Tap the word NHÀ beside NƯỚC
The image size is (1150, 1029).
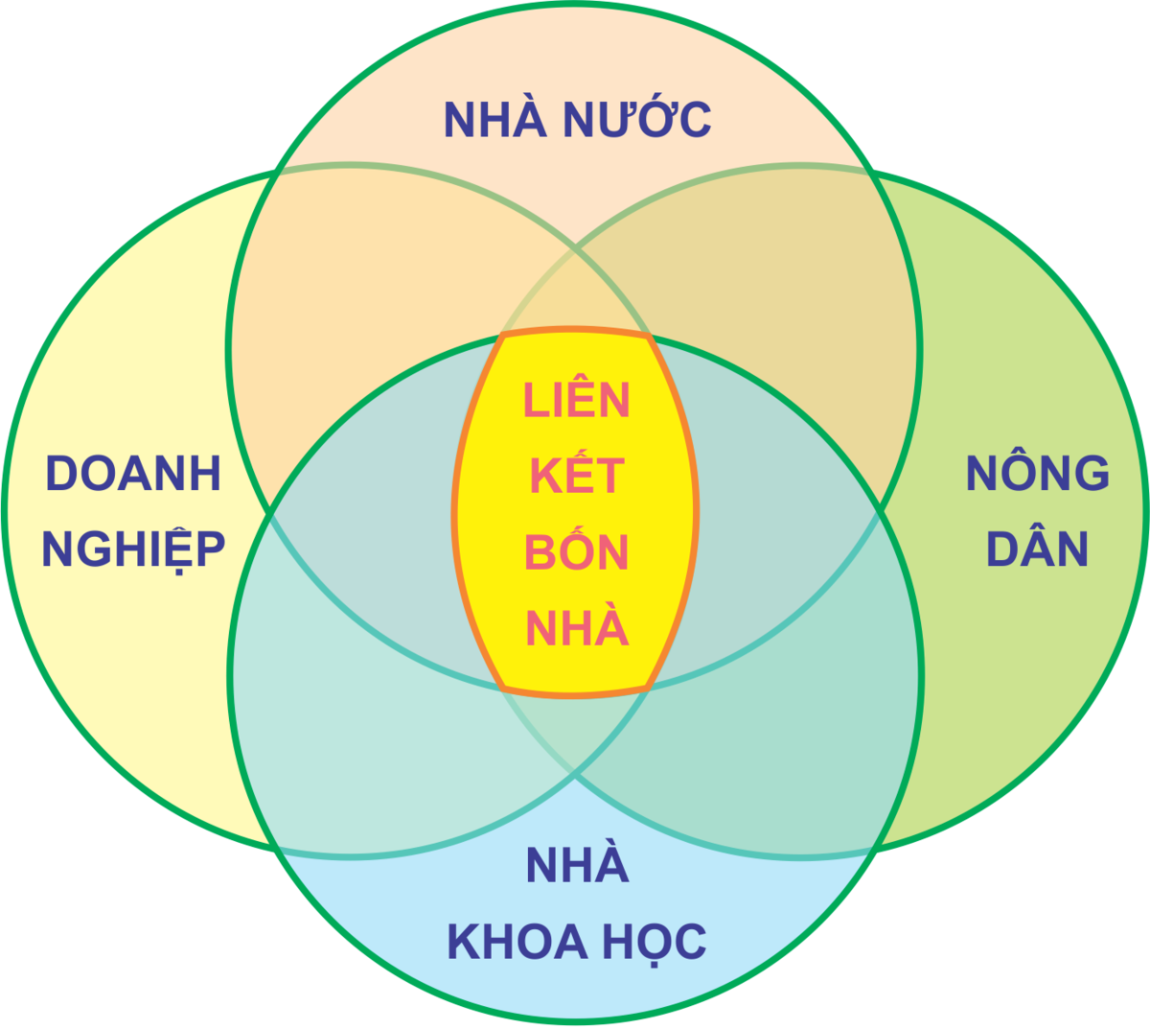pos(494,119)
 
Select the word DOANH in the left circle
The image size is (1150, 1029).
pos(133,474)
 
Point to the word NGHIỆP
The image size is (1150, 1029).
pos(133,550)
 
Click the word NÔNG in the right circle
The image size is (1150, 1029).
pos(1038,473)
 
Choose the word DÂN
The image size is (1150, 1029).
pos(1038,550)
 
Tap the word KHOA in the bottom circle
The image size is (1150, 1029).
pos(517,942)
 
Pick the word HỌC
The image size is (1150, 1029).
pos(655,942)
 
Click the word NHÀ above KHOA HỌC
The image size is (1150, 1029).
pos(577,865)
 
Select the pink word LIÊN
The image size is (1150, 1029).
pos(576,399)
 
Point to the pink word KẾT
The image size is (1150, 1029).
pos(577,475)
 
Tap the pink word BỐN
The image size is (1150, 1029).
pos(576,551)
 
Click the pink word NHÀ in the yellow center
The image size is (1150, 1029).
pos(577,628)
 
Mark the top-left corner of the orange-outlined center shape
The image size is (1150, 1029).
pos(503,336)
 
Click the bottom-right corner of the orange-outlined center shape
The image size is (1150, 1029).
pos(647,688)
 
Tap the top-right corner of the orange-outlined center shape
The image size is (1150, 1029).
pos(649,337)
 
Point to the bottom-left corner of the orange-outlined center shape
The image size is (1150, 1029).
pos(504,688)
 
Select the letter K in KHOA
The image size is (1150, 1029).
pos(465,942)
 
